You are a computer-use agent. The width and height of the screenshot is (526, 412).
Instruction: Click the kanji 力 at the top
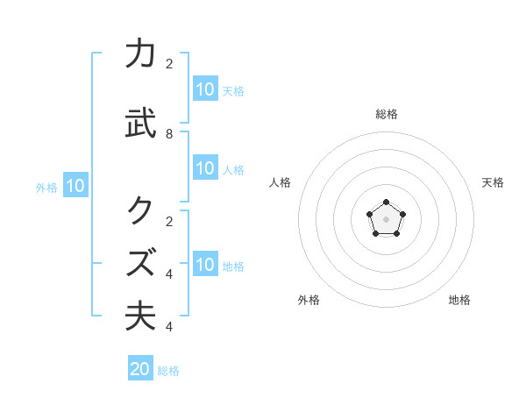140,54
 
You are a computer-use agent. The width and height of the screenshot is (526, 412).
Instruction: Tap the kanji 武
140,124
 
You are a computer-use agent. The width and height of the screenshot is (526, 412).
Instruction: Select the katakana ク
140,210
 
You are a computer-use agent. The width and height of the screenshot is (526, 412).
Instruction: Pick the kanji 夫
140,316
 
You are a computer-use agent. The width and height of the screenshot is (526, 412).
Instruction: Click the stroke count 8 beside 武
169,134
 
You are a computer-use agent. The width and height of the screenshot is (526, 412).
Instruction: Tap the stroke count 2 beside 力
169,63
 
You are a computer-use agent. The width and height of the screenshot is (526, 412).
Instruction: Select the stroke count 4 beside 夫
169,327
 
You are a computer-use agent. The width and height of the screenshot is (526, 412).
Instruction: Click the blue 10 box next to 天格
205,89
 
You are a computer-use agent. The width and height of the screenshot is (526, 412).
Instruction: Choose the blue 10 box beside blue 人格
205,169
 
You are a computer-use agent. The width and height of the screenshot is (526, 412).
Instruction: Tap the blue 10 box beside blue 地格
205,264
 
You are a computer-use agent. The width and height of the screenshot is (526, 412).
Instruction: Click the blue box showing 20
140,369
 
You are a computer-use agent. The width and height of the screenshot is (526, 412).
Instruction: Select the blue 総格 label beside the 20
168,371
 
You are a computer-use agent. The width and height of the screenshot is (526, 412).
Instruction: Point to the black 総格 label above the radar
386,114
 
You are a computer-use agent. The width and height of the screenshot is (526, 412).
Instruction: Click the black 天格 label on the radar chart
493,182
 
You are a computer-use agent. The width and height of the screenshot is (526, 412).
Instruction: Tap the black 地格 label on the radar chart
459,300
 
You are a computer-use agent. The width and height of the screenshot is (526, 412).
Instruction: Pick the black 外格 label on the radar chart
309,300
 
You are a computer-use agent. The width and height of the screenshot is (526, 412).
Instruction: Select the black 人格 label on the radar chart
280,182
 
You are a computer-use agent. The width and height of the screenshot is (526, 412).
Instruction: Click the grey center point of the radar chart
386,218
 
